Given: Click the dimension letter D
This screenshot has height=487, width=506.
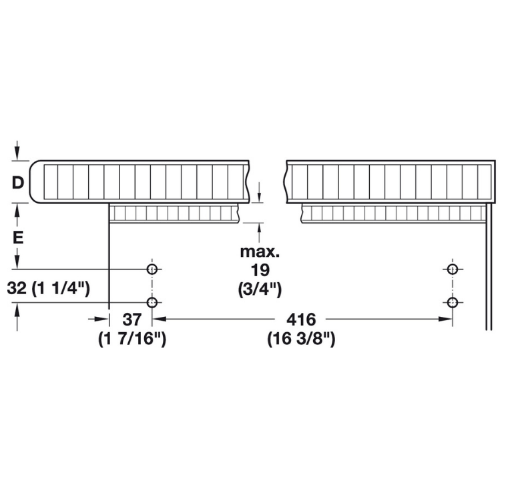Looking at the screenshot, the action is tap(18, 183).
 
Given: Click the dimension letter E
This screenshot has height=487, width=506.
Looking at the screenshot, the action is tap(18, 238).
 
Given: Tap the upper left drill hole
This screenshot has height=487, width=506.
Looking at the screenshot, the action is tap(152, 269).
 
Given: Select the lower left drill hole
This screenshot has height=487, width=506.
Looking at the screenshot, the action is tap(152, 302).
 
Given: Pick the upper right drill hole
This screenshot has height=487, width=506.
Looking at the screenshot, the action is tap(453, 269).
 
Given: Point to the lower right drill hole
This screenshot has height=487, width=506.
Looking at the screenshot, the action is tap(453, 302).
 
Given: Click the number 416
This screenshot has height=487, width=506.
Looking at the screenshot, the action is tap(302, 320).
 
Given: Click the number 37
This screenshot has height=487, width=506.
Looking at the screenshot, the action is tap(132, 320).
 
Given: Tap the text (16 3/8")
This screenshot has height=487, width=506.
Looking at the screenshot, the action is tap(302, 339).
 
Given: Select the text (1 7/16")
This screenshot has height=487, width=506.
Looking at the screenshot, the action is tap(132, 339).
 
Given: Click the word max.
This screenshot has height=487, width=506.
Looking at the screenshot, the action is tap(260, 252).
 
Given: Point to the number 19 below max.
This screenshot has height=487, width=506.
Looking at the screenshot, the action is tap(260, 270).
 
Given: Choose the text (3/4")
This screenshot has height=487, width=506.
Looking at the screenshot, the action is tap(260, 290).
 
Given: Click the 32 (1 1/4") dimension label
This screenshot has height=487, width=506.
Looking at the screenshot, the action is tap(49, 288).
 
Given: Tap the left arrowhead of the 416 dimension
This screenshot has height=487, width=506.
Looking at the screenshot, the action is tap(159, 319).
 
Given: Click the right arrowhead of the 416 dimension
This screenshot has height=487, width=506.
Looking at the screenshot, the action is tap(445, 319).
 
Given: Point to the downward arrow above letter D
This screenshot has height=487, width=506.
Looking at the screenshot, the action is tap(17, 150).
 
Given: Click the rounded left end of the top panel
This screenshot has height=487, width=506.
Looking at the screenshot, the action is tap(33, 182).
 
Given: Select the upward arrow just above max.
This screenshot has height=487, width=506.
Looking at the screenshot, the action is tap(259, 233).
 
